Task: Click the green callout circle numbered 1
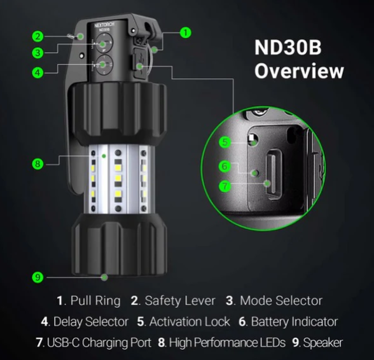pos(186,32)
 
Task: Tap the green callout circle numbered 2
pos(38,36)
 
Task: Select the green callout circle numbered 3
pos(38,53)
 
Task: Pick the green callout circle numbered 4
pos(38,73)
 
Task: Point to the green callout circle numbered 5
pos(225,142)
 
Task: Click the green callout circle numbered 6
pos(225,166)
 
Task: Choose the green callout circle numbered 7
pos(225,186)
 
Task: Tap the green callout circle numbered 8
pos(38,164)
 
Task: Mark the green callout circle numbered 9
pos(38,277)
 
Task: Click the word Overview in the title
pos(299,71)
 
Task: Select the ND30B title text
pos(288,48)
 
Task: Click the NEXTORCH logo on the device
pos(104,25)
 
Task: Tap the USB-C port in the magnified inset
pos(274,174)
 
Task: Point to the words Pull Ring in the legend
pos(95,301)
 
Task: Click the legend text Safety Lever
pos(180,301)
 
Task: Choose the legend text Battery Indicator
pos(294,322)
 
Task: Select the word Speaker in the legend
pos(322,343)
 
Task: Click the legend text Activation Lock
pos(190,322)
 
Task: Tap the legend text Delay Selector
pos(91,322)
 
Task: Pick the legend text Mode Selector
pos(281,301)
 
